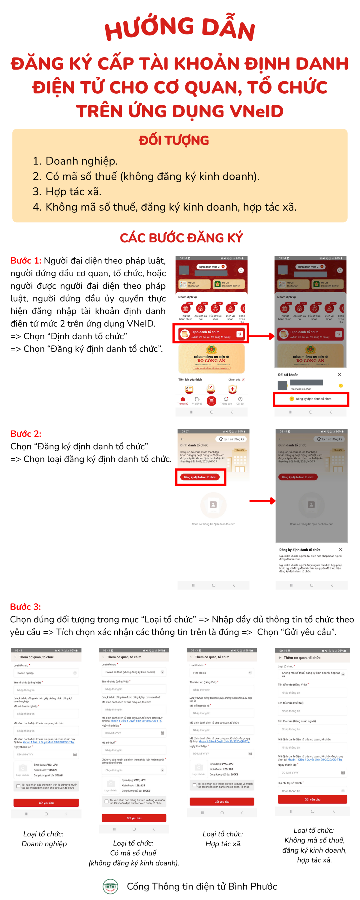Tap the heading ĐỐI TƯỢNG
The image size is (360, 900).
tap(174, 140)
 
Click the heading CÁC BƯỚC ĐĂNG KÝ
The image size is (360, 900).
tap(181, 238)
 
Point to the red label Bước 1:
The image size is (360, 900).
tap(25, 261)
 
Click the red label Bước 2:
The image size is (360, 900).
tap(25, 433)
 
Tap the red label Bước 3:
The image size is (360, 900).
tap(25, 607)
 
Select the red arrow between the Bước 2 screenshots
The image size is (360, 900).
tap(262, 501)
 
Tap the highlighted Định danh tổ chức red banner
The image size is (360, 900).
tap(210, 334)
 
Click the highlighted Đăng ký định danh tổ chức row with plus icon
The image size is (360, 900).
tap(311, 399)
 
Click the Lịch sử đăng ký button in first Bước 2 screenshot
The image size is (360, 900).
tap(231, 439)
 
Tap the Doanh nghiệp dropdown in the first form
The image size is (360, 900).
tap(46, 673)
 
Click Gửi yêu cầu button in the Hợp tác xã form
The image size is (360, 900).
tap(222, 802)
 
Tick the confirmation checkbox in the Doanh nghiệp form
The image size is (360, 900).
tap(18, 786)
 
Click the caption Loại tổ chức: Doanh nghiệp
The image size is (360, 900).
tap(44, 839)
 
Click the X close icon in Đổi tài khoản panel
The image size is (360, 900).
tap(339, 374)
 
